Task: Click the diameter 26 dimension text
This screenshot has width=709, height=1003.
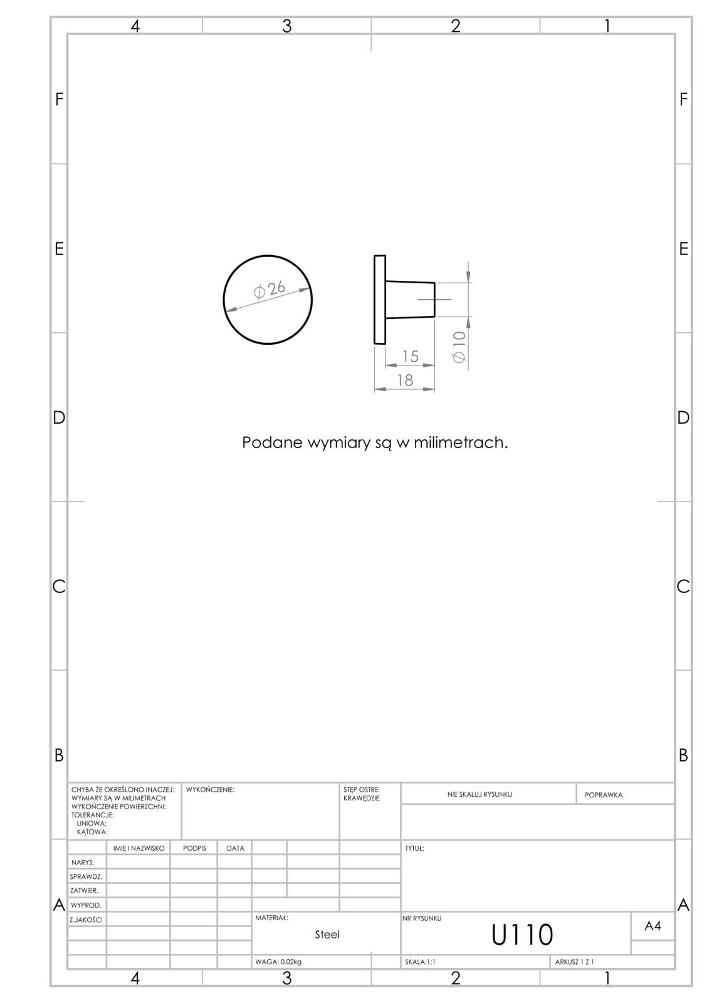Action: click(269, 289)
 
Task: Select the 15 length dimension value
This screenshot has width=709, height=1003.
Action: click(410, 357)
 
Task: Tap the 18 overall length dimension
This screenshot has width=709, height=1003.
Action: click(405, 380)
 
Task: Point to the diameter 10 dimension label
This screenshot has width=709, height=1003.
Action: click(460, 347)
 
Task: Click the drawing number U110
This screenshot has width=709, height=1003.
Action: click(522, 935)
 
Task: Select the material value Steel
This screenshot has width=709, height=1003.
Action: click(327, 935)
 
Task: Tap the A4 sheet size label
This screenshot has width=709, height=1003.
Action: click(653, 925)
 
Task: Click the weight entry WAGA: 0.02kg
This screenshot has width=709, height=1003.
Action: click(278, 962)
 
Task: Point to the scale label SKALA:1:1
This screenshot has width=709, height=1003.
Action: click(419, 962)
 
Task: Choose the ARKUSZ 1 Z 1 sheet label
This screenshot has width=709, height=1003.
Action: click(574, 962)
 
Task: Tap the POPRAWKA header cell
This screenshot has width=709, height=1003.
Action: click(603, 795)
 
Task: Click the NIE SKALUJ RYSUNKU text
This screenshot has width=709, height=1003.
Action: click(479, 794)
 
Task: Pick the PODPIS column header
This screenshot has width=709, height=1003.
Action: click(194, 848)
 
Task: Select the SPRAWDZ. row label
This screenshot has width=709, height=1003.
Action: click(86, 876)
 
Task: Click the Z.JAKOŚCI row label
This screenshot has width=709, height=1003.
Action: click(86, 920)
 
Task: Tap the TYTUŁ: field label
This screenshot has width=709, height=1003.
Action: click(414, 848)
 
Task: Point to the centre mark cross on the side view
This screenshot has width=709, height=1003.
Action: click(434, 299)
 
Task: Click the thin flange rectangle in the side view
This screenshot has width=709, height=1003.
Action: click(379, 300)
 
